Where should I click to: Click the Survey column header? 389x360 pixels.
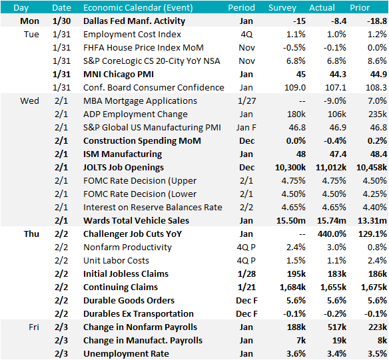click(x=282, y=8)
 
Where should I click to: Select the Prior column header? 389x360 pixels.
click(x=360, y=8)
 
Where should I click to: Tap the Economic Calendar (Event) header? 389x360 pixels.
click(x=138, y=8)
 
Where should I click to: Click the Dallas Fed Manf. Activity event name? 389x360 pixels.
click(x=134, y=21)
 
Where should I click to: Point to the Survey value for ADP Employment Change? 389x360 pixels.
click(x=296, y=114)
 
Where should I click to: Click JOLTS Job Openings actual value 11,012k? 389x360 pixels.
click(x=331, y=168)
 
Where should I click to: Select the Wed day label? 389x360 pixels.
click(x=29, y=101)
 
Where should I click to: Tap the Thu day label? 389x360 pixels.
click(x=31, y=234)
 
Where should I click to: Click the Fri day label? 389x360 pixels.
click(x=34, y=327)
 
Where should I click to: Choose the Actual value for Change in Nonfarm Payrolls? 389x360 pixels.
click(x=336, y=327)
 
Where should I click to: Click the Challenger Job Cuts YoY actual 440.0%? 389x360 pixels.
click(x=332, y=234)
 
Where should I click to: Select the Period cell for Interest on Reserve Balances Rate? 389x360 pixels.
click(x=246, y=208)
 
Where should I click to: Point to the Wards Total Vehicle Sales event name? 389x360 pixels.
click(x=136, y=221)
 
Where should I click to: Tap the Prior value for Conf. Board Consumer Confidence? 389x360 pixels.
click(x=376, y=88)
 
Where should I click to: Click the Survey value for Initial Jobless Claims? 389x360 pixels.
click(x=296, y=274)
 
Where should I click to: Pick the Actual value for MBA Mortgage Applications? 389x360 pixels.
click(x=334, y=101)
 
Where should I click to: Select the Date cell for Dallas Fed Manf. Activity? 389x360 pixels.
click(x=61, y=21)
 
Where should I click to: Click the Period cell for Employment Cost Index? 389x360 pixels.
click(x=246, y=35)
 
